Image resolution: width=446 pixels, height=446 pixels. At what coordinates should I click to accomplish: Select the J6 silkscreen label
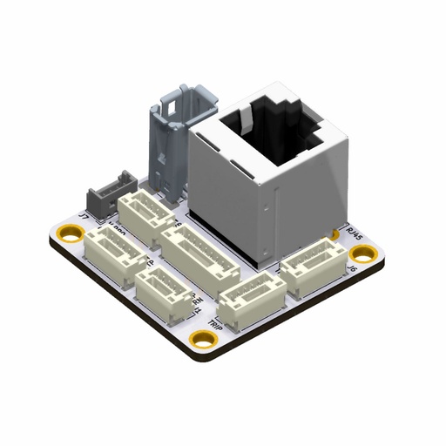(x=354, y=271)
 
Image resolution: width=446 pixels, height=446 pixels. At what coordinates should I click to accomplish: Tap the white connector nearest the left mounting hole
(x=113, y=253)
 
